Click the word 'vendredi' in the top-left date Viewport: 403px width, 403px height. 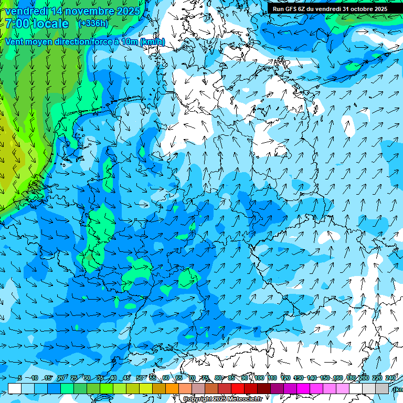pos(25,11)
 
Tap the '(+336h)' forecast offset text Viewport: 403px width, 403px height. pos(93,23)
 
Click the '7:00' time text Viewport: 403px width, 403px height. pos(18,24)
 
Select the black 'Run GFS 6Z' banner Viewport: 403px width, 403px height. pos(330,8)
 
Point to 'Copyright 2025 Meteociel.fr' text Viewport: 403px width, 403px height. pos(222,399)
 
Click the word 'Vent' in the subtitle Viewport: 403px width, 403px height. pos(15,42)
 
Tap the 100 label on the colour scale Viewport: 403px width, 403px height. pos(259,378)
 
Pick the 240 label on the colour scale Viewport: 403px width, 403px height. pos(390,378)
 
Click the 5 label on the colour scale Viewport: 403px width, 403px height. pos(19,378)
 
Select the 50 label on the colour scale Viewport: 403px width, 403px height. pos(140,378)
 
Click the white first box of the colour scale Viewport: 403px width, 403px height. pos(15,388)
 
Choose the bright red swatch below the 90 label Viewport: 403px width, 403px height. pos(238,388)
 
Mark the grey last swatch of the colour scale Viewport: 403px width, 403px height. pos(382,388)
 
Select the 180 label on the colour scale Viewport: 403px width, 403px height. pos(351,378)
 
